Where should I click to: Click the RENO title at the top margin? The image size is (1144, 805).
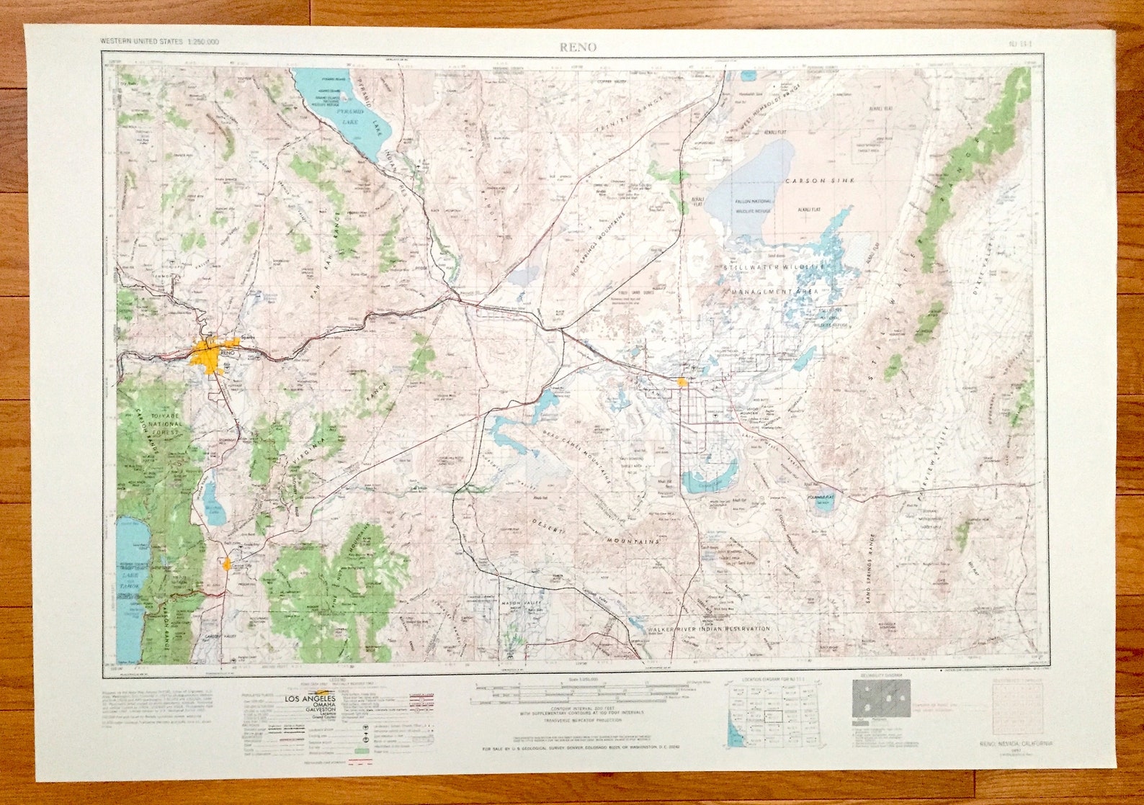tap(578, 47)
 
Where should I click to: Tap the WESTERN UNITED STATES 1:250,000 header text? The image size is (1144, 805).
tap(160, 42)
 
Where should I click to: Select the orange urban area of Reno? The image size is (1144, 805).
tap(209, 356)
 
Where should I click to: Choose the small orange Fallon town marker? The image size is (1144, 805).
tap(682, 382)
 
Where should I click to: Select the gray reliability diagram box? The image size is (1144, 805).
tap(881, 698)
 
